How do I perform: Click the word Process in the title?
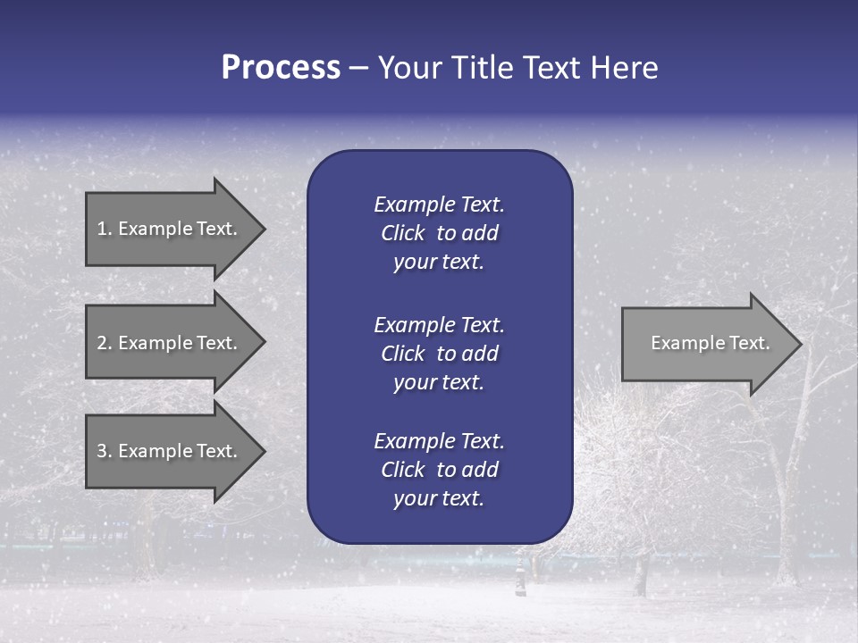click(x=281, y=68)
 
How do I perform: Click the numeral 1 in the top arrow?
click(x=102, y=229)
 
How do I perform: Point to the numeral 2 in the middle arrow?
click(x=102, y=343)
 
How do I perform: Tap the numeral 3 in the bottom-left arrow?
click(x=102, y=451)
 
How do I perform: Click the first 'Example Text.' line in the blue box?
click(x=439, y=205)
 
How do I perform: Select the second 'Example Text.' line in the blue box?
click(x=439, y=324)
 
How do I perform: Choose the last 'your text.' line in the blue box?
click(x=439, y=499)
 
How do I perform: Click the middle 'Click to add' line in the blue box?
click(x=439, y=354)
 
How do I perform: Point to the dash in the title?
click(x=358, y=69)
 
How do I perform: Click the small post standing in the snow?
click(x=519, y=579)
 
